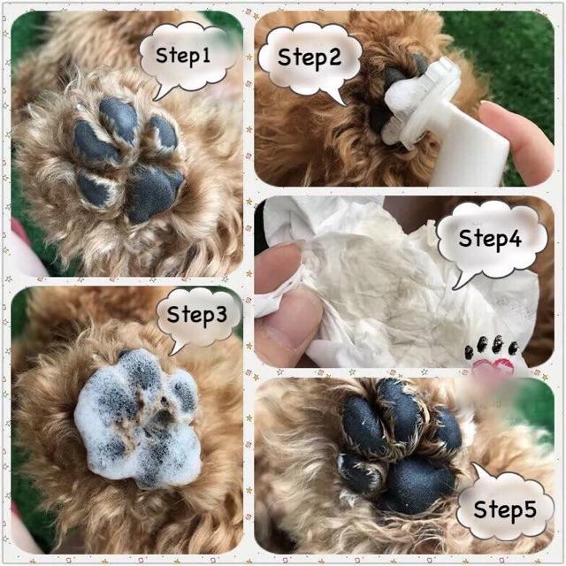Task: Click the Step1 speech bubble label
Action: click(x=183, y=56)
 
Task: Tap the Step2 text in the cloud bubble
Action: click(x=310, y=57)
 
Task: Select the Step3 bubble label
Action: click(x=197, y=315)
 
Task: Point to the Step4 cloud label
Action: click(x=490, y=239)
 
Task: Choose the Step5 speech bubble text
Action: click(x=505, y=509)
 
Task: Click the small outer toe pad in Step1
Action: click(x=164, y=133)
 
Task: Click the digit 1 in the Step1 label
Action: click(x=206, y=55)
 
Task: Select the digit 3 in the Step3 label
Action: click(x=220, y=314)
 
